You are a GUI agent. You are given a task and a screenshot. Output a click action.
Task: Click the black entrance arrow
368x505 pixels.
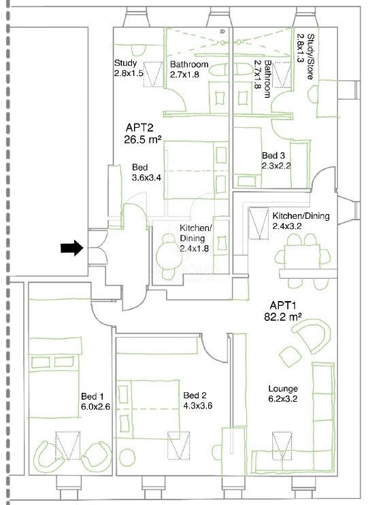(x=72, y=248)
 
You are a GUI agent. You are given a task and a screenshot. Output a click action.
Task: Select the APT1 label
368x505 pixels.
(x=283, y=305)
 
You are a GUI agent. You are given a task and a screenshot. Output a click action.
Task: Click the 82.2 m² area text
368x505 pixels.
(x=283, y=317)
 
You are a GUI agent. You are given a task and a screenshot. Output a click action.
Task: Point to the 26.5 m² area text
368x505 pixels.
(x=142, y=139)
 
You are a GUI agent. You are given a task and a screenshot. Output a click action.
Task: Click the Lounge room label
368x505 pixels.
(x=283, y=389)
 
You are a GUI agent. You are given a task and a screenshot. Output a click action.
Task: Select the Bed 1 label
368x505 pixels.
(x=92, y=396)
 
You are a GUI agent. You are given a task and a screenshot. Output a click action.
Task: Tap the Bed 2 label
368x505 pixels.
(x=195, y=396)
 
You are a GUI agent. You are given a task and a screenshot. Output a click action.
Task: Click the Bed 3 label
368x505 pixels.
(x=273, y=156)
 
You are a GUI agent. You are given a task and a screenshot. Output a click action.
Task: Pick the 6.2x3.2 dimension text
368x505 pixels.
(x=283, y=399)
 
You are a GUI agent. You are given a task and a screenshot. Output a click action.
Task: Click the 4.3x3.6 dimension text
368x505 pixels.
(x=197, y=406)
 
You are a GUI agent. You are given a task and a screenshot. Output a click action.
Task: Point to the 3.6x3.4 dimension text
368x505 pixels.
(x=146, y=178)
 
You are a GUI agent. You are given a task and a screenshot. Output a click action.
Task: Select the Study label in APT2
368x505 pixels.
(x=125, y=63)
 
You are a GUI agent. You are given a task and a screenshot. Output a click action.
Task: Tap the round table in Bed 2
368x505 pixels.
(x=127, y=456)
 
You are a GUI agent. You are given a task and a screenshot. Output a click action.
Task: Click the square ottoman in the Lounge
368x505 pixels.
(x=290, y=357)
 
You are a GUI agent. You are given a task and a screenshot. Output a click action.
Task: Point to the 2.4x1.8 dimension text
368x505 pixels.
(x=194, y=249)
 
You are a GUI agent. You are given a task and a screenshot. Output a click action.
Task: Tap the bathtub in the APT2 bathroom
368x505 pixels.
(x=229, y=69)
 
